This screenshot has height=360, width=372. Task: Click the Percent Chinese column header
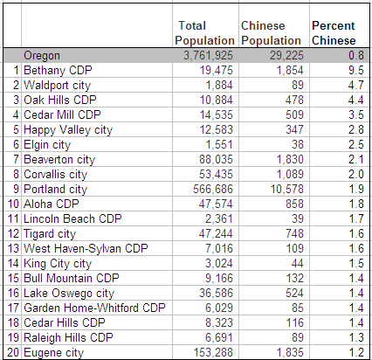point(334,33)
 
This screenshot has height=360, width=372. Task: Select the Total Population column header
point(204,33)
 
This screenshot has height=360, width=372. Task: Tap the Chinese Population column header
point(271,33)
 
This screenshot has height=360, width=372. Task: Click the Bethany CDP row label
point(58,70)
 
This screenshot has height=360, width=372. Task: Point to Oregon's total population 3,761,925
point(208,55)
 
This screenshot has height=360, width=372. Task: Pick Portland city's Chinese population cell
point(287,189)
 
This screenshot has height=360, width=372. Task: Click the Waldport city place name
point(57,85)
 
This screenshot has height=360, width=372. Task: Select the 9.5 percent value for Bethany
point(356,70)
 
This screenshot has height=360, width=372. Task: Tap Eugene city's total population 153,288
point(213,352)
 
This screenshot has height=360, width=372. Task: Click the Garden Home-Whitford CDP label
point(94,308)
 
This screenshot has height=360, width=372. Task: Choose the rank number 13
point(13,248)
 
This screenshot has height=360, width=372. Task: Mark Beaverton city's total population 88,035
point(216,159)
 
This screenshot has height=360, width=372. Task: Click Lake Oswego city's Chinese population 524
point(294,293)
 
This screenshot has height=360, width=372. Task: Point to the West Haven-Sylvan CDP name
point(86,248)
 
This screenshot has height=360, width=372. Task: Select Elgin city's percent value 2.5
point(356,144)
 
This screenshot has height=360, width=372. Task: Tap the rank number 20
point(13,352)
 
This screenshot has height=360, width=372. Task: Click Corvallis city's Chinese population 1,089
point(290,174)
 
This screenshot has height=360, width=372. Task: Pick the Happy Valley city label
point(68,130)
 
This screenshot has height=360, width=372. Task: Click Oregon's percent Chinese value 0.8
point(356,55)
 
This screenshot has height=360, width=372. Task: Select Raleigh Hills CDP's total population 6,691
point(219,337)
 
